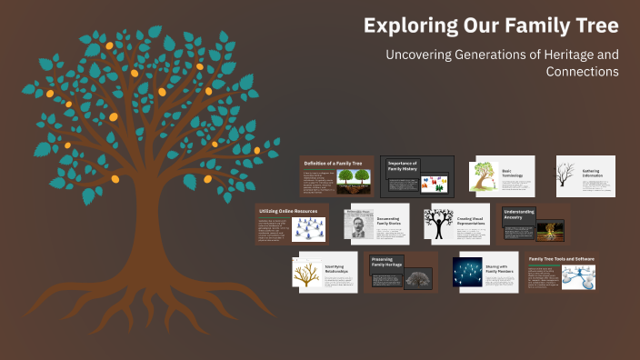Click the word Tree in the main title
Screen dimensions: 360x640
[x=592, y=25]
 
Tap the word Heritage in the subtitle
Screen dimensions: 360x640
[x=539, y=55]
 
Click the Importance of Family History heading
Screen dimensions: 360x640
[x=402, y=166]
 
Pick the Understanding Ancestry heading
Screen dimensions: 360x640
[x=519, y=215]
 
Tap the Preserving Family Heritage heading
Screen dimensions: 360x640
[x=388, y=261]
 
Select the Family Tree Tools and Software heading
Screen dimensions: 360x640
[x=561, y=259]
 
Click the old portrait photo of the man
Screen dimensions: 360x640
[x=358, y=225]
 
